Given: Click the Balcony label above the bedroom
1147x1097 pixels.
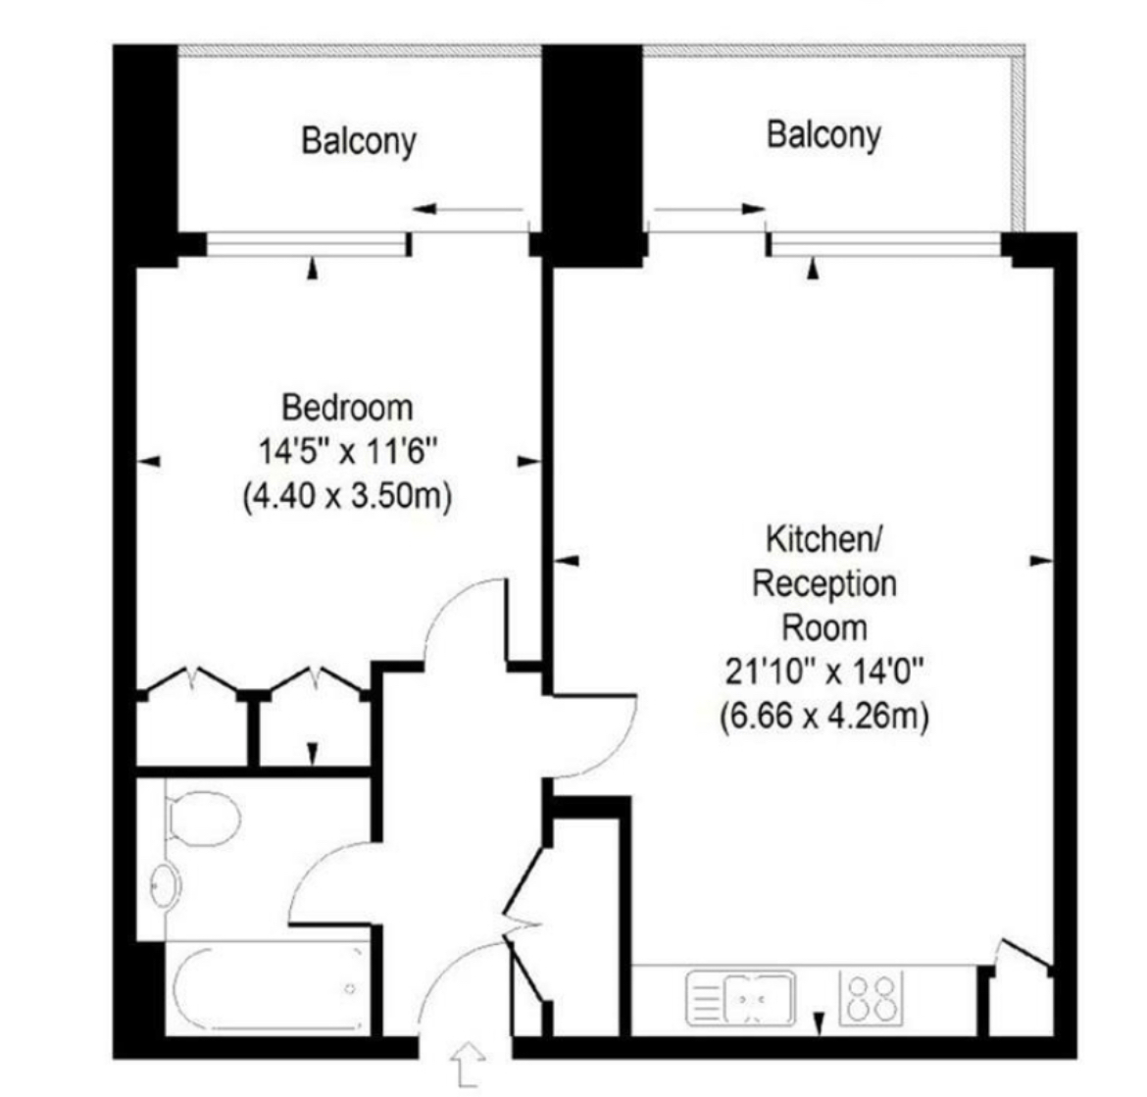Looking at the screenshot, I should click(358, 141).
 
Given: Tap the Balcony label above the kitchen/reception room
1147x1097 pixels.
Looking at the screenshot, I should click(823, 134).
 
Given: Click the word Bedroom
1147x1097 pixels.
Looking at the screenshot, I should click(347, 406).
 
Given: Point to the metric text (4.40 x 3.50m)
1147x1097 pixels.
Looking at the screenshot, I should click(347, 496).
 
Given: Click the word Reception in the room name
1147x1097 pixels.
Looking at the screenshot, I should click(823, 583).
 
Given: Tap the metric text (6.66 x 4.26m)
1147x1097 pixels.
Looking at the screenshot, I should click(823, 716).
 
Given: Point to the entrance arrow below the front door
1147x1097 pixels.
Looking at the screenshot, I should click(468, 1063).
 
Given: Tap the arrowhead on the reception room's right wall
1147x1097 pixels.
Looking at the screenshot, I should click(1040, 561).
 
